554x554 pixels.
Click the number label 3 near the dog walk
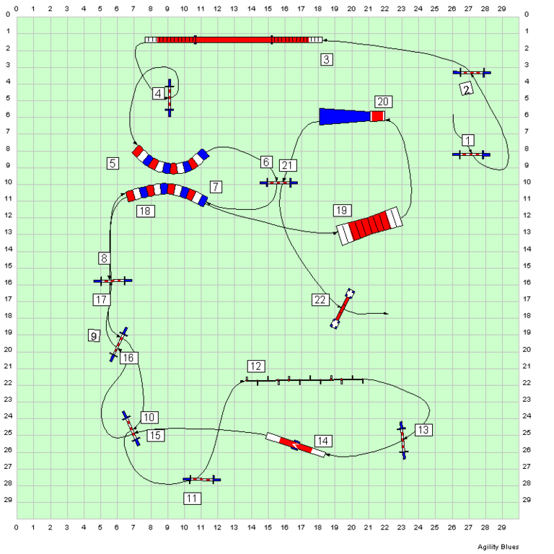(327, 60)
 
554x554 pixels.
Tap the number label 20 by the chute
(383, 102)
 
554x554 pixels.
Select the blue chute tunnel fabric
(345, 116)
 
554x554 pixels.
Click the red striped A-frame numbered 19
(369, 225)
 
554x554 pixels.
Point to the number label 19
(342, 210)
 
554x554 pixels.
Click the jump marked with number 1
(471, 154)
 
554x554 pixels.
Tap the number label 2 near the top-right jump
(467, 89)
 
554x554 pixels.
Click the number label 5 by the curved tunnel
(113, 163)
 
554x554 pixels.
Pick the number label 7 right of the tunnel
(216, 187)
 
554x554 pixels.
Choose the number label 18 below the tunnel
(144, 211)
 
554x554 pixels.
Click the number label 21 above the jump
(288, 166)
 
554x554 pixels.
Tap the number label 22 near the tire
(320, 299)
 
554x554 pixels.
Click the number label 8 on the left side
(105, 258)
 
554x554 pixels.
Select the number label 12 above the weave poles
(256, 365)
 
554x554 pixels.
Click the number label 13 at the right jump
(423, 430)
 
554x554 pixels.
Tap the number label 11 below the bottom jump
(192, 498)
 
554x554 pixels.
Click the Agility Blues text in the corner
(498, 546)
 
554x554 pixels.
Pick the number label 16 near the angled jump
(128, 358)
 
